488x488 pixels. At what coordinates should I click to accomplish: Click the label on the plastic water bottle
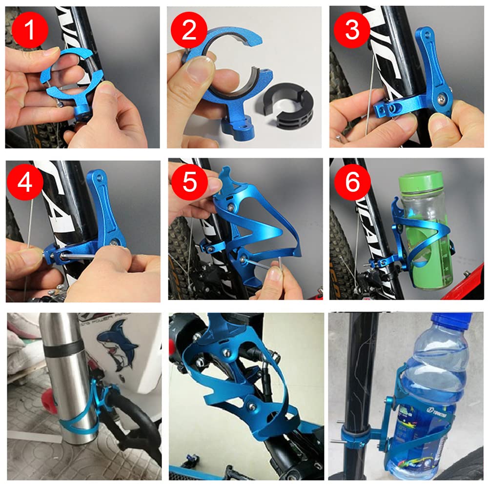point(420,429)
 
